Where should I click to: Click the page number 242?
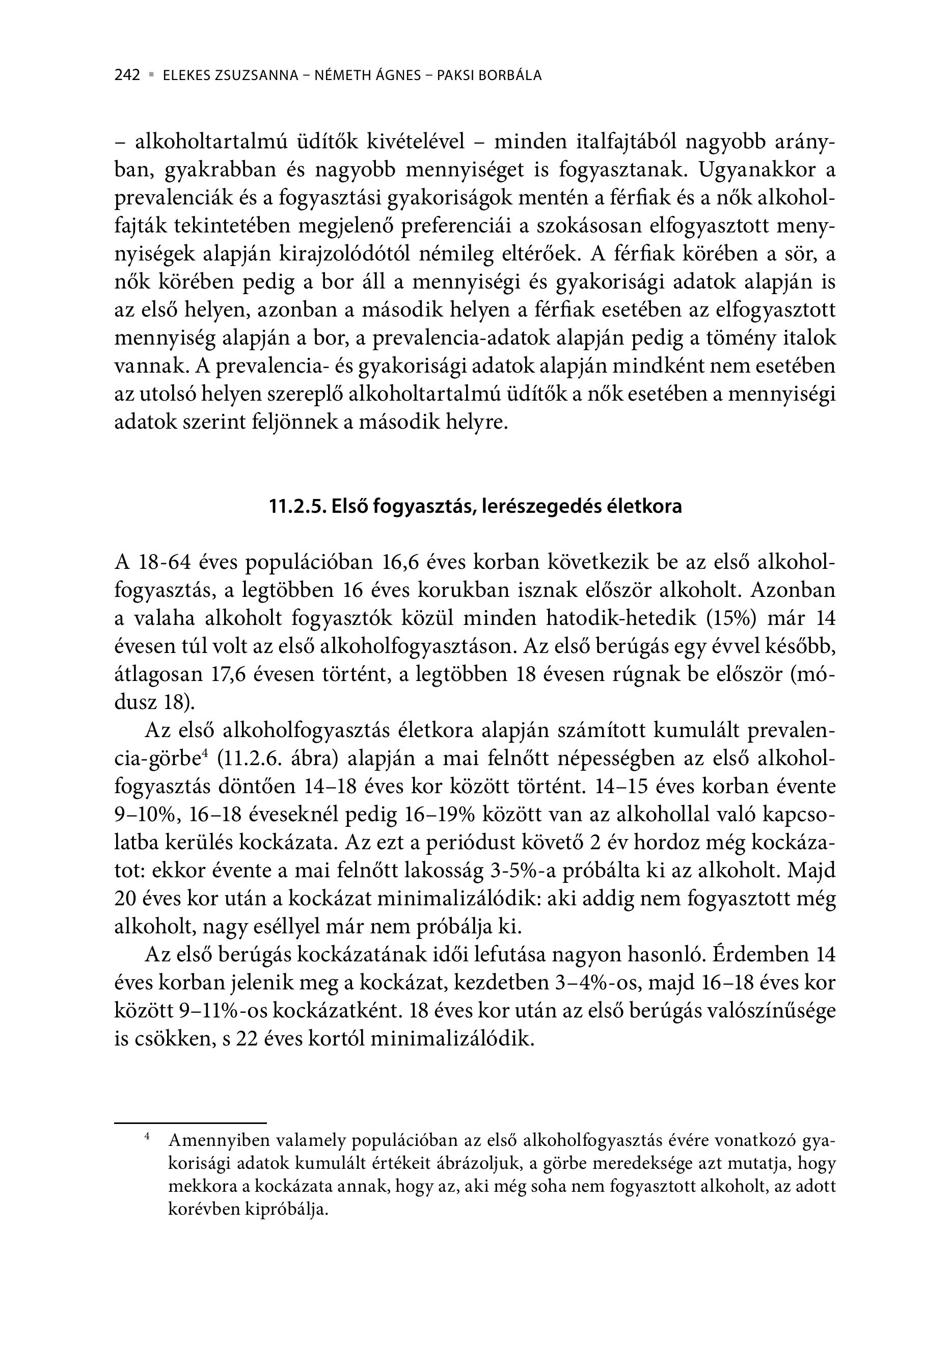[x=127, y=76]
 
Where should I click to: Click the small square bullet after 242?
[x=152, y=75]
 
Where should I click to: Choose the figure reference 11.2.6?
[x=248, y=760]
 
